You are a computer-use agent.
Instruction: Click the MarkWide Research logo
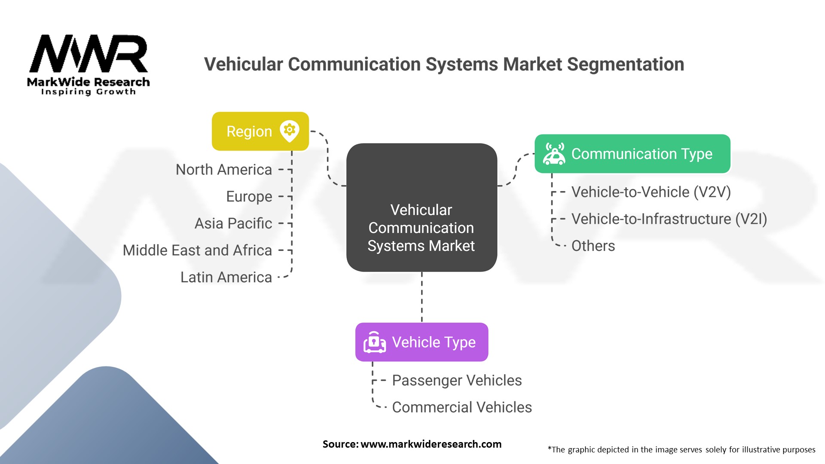pyautogui.click(x=89, y=64)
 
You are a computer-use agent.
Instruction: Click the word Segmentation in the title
pyautogui.click(x=625, y=64)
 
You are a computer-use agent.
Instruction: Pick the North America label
pyautogui.click(x=224, y=170)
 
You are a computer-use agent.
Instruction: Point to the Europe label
pyautogui.click(x=249, y=197)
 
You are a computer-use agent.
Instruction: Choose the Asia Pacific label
pyautogui.click(x=233, y=223)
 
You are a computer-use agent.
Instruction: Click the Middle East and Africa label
pyautogui.click(x=197, y=250)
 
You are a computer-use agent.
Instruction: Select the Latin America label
pyautogui.click(x=226, y=278)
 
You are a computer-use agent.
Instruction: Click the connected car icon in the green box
pyautogui.click(x=554, y=154)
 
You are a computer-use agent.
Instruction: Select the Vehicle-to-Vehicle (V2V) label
pyautogui.click(x=651, y=192)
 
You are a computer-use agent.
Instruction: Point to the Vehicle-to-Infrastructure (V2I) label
pyautogui.click(x=669, y=219)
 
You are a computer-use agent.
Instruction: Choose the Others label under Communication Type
pyautogui.click(x=593, y=246)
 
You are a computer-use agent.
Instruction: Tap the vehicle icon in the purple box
pyautogui.click(x=374, y=342)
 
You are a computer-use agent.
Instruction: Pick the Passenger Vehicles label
pyautogui.click(x=457, y=380)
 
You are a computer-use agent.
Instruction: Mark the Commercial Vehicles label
pyautogui.click(x=462, y=407)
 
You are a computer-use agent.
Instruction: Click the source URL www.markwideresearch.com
pyautogui.click(x=431, y=444)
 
